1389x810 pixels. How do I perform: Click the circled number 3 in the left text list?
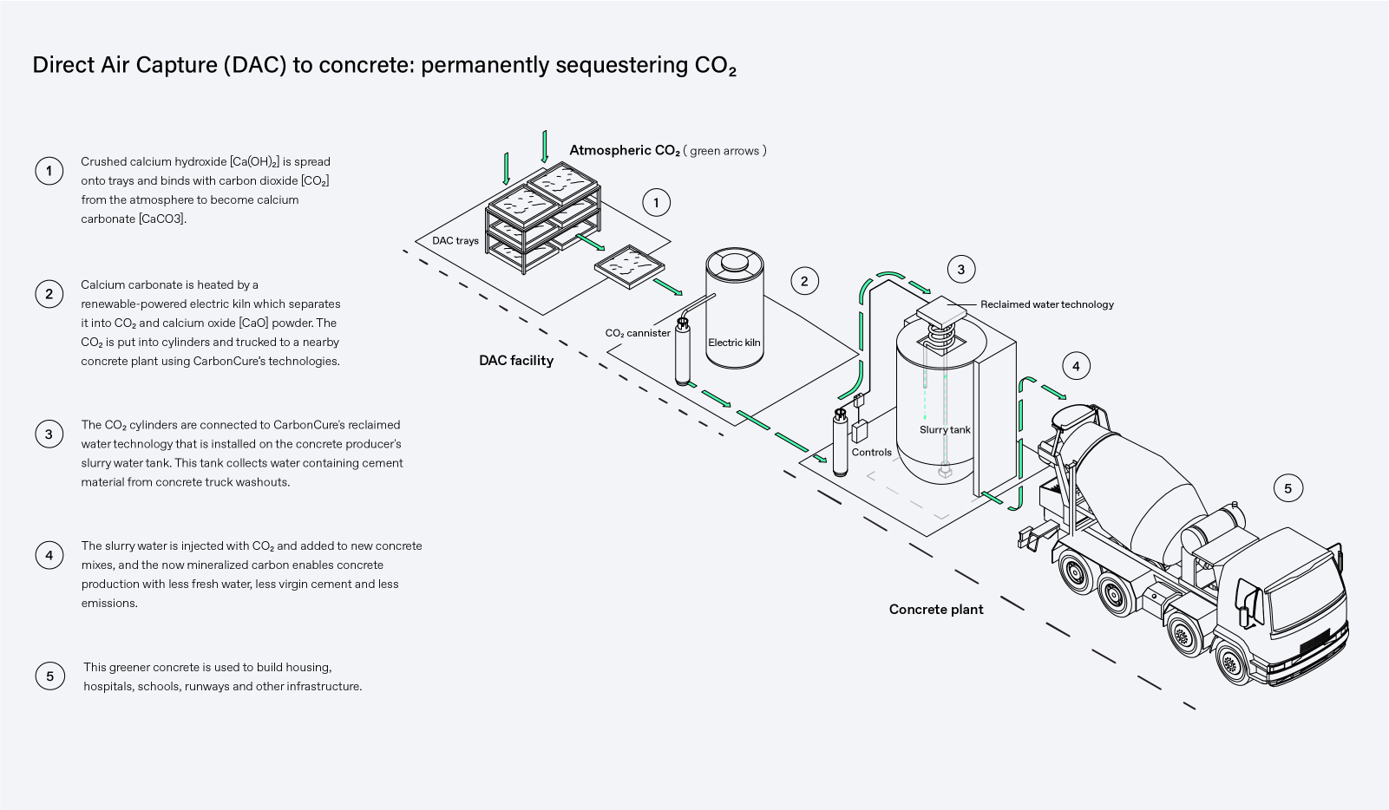pos(49,434)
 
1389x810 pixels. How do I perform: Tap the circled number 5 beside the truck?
pos(1287,488)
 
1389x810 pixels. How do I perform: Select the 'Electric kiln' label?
pos(734,343)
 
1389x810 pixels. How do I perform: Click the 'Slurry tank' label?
pos(945,429)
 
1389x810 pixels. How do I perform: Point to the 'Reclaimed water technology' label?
pos(1046,304)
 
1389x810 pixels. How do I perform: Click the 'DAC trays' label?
pos(455,240)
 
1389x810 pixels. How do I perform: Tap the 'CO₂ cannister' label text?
pos(638,333)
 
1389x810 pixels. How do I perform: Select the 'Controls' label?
pos(871,452)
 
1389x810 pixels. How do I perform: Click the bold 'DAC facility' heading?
pos(516,361)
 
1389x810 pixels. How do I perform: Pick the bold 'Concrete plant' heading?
pos(936,609)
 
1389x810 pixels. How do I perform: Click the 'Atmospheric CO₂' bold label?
pos(625,150)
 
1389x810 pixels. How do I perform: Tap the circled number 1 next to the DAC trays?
pos(656,203)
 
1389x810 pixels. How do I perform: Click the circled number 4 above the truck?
pos(1076,366)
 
